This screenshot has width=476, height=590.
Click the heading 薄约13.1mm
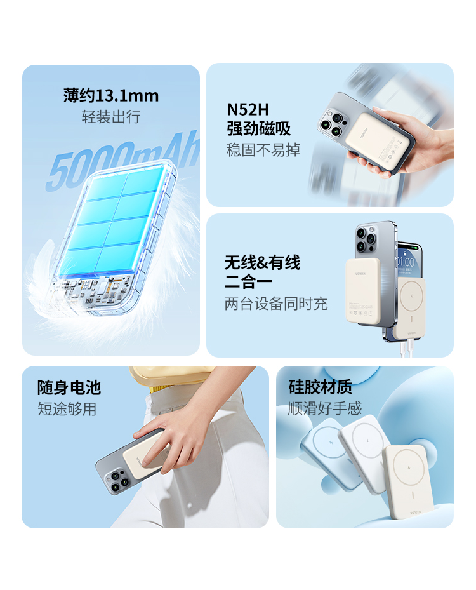110,96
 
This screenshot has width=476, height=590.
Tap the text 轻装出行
110,117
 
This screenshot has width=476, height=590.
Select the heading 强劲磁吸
258,129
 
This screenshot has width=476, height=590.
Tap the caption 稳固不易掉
263,151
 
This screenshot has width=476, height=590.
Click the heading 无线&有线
262,262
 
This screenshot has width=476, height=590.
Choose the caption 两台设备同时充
276,304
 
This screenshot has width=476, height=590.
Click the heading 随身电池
69,387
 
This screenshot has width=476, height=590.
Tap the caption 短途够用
67,409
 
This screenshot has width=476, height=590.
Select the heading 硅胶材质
320,387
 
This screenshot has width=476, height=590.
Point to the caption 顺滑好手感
325,408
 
